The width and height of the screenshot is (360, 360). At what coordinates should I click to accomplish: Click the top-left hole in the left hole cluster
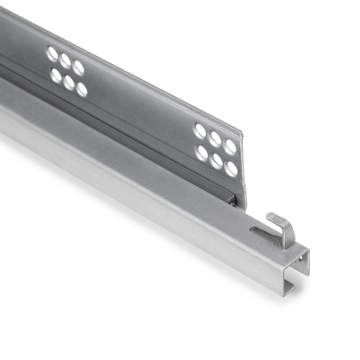point(52,54)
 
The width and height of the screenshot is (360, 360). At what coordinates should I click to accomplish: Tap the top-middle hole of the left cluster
point(65,61)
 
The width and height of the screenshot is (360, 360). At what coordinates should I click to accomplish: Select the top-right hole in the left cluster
point(78,67)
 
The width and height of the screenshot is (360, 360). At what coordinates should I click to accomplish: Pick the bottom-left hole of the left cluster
point(56,75)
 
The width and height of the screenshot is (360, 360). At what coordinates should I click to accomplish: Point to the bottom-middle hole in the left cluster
point(69,83)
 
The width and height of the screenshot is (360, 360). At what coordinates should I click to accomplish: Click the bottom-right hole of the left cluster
point(82,89)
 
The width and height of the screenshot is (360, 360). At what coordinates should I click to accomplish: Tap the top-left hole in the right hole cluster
point(200,131)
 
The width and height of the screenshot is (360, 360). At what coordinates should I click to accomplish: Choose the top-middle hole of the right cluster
point(215,139)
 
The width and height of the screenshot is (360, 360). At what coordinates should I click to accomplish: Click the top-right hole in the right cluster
point(230,146)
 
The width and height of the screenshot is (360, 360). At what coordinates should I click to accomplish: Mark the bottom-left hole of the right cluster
point(202,153)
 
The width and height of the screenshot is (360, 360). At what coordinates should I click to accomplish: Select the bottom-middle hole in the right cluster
point(216,161)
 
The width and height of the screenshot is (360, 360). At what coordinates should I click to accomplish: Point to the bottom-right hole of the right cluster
point(231,168)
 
